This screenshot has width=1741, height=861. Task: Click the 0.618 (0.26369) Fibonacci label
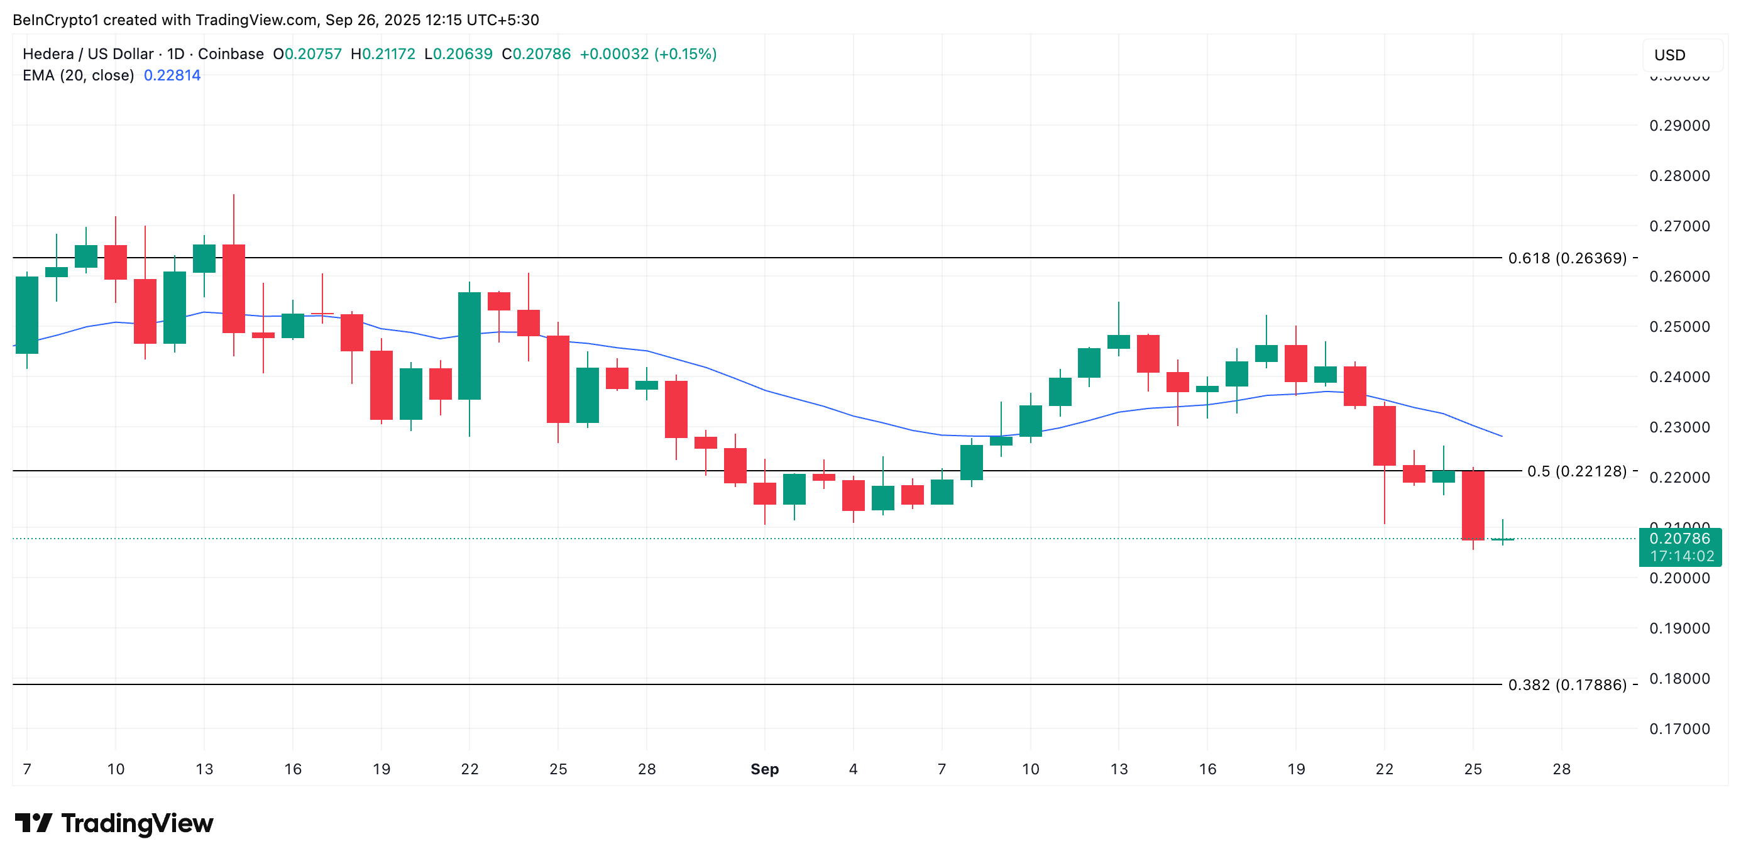point(1567,258)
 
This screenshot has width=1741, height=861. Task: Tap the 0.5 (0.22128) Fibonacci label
point(1576,471)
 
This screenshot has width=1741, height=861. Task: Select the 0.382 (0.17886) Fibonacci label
point(1567,684)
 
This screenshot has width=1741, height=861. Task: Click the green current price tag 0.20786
point(1679,539)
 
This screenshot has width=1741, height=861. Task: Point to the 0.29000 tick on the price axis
point(1679,126)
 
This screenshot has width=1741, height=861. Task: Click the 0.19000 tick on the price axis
point(1679,628)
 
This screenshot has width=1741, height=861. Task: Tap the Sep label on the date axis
point(764,769)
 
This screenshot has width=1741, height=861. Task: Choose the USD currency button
point(1669,55)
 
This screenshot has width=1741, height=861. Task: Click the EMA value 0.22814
point(172,75)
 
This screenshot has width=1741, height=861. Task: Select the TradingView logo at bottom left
point(114,823)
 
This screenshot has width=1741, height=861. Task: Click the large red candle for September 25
point(1473,505)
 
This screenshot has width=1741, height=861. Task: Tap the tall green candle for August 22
point(469,346)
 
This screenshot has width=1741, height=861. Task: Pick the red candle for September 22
point(1384,436)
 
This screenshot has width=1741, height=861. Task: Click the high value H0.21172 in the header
point(383,54)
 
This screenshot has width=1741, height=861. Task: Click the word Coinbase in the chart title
point(231,54)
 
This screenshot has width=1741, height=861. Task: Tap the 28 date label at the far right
point(1561,769)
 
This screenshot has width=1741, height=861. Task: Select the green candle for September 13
point(1119,341)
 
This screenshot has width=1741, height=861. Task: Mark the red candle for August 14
point(234,288)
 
